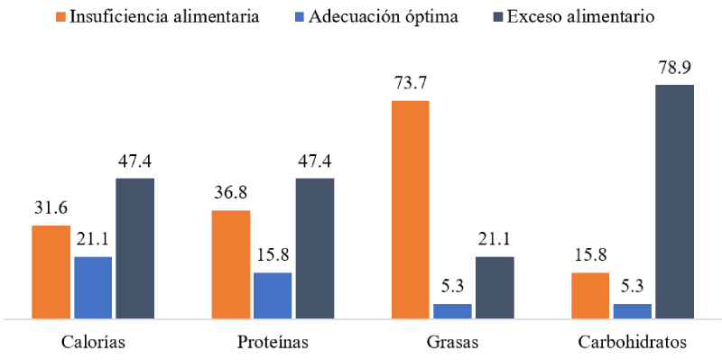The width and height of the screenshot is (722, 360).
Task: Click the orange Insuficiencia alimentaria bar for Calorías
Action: click(51, 272)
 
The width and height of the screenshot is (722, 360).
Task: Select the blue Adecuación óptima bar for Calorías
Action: click(93, 288)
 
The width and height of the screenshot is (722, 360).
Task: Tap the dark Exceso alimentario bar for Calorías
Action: click(135, 248)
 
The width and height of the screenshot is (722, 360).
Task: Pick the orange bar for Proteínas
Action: click(231, 264)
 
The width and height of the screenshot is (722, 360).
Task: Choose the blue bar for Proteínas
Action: click(273, 295)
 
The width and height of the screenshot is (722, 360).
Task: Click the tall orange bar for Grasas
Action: click(410, 209)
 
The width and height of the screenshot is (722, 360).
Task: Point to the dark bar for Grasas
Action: click(495, 288)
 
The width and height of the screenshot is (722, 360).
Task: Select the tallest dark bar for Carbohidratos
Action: click(674, 201)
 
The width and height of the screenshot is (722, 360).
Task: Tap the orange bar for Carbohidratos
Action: click(590, 295)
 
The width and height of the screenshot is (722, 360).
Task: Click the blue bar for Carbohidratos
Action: click(632, 310)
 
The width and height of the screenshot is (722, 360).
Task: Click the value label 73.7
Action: click(410, 83)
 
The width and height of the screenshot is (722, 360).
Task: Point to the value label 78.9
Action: click(674, 68)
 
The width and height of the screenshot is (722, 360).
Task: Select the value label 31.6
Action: click(51, 208)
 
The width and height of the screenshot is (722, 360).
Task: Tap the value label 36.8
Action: click(231, 193)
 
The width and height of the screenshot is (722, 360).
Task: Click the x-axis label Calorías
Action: click(93, 343)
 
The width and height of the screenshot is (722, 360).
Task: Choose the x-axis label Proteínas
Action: click(273, 343)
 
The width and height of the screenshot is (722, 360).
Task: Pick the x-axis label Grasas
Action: click(452, 343)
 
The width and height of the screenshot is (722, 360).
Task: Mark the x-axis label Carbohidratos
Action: click(632, 343)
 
